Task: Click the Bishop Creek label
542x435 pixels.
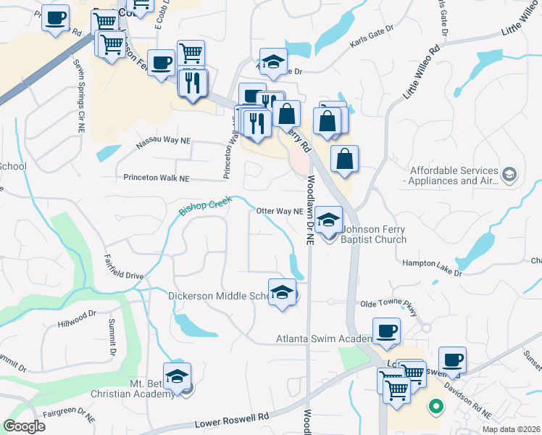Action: pyautogui.click(x=204, y=205)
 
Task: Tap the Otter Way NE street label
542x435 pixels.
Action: pyautogui.click(x=279, y=212)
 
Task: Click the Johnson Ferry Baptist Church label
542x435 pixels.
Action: pyautogui.click(x=373, y=235)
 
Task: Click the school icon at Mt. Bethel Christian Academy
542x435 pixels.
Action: pyautogui.click(x=176, y=376)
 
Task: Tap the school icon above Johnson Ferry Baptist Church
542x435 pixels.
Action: pyautogui.click(x=328, y=220)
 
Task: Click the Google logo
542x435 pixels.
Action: pyautogui.click(x=25, y=426)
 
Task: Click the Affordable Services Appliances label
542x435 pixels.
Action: pyautogui.click(x=454, y=176)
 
